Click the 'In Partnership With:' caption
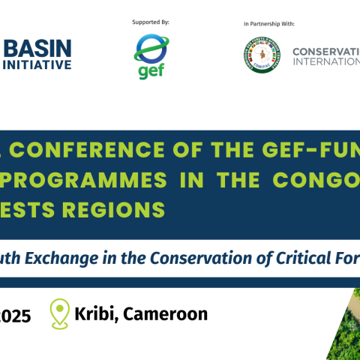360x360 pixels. (274, 25)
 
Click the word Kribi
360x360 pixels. (95, 313)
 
